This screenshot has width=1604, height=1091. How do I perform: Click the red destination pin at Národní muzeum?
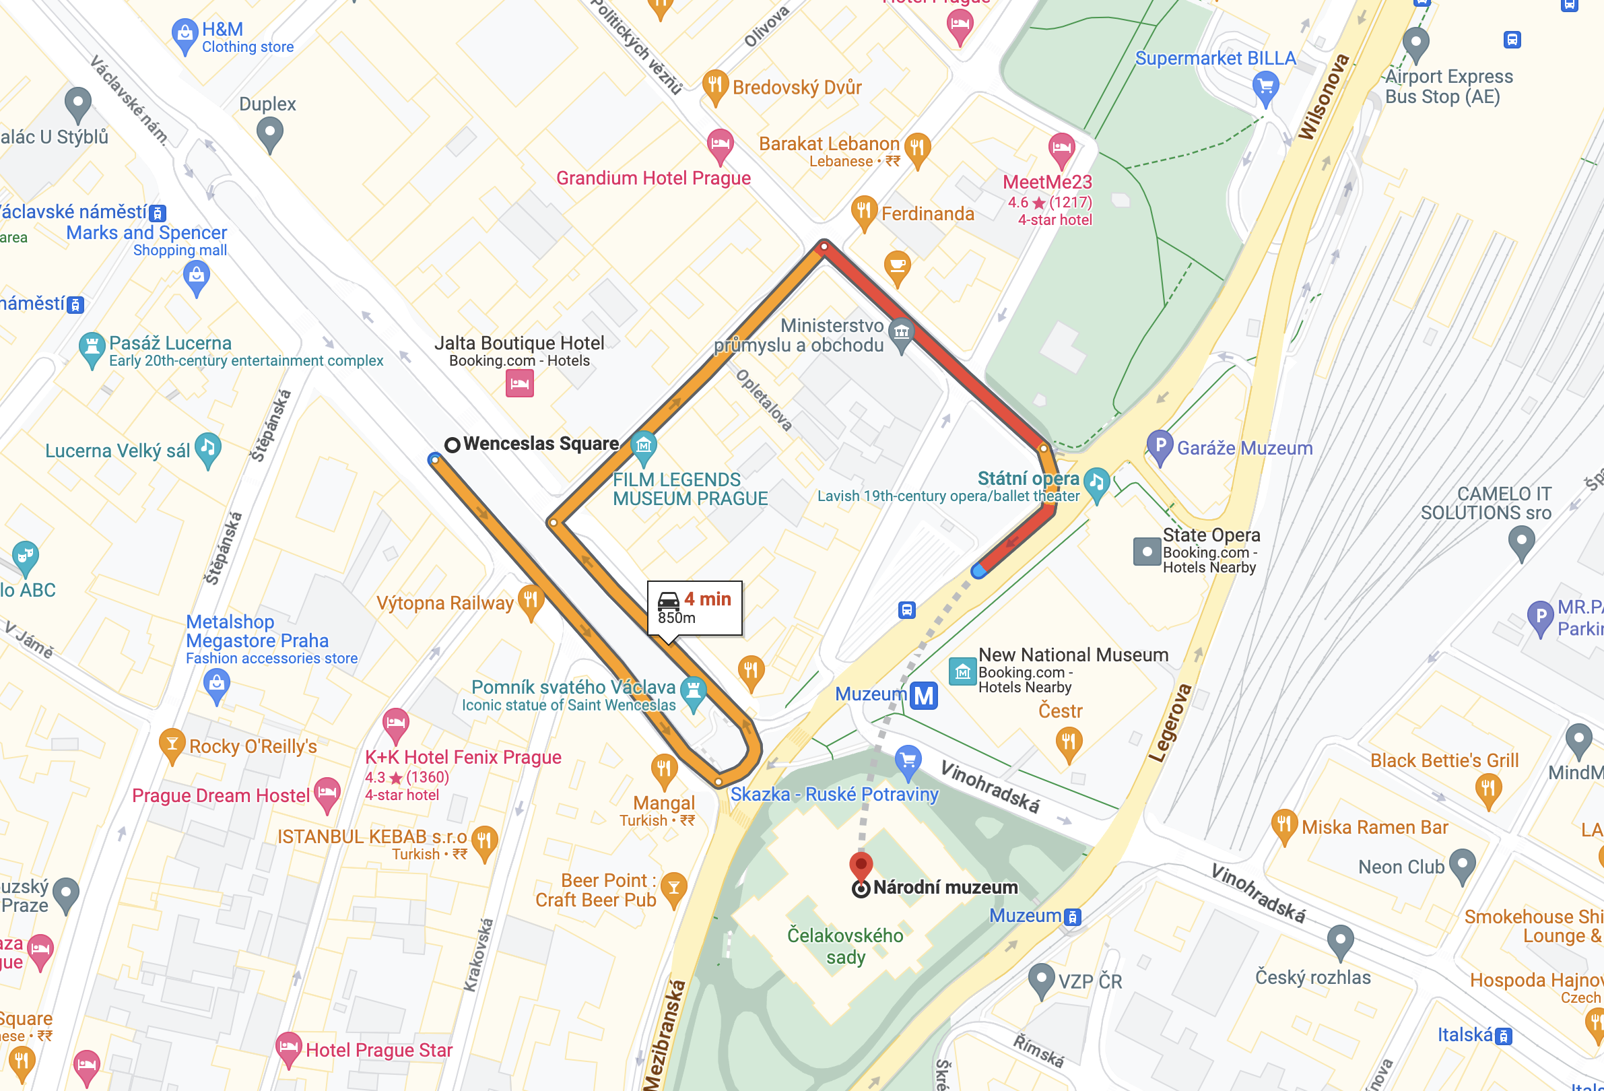[860, 865]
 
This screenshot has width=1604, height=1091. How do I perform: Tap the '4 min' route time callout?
[694, 607]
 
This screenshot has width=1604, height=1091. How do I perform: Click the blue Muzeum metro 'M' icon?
[923, 695]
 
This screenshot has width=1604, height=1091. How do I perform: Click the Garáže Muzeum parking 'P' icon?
[1160, 445]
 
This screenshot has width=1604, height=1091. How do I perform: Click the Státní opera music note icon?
[1096, 482]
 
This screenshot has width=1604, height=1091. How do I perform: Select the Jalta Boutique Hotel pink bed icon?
[519, 383]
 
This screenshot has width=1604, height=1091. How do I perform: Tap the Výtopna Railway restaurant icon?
[530, 599]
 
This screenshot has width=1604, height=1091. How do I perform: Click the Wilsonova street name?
[1323, 96]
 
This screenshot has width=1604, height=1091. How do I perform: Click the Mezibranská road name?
[665, 1035]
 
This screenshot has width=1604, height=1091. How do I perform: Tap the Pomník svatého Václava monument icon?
[693, 691]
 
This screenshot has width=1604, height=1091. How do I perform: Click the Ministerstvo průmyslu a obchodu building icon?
[901, 333]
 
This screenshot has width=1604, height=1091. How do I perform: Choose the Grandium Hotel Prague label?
[653, 178]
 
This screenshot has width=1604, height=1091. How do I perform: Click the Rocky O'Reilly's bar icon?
[171, 744]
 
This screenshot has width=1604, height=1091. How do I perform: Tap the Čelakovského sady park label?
[845, 946]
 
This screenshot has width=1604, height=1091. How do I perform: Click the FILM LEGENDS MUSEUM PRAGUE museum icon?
[643, 446]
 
